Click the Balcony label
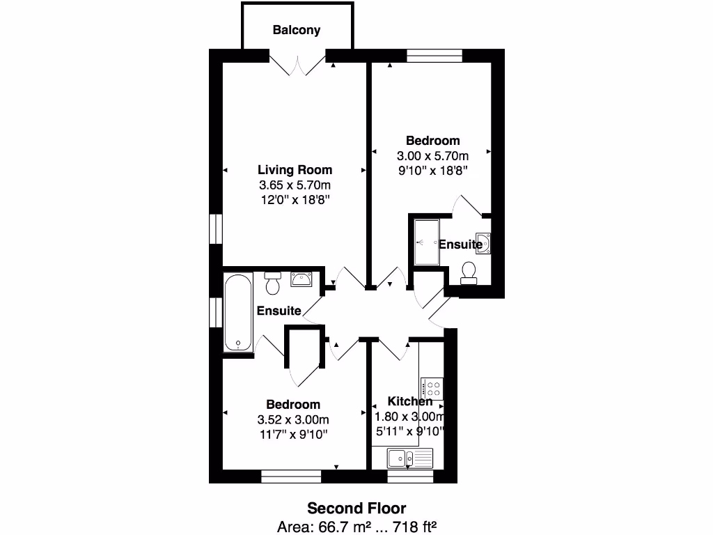click(297, 30)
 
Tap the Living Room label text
click(295, 169)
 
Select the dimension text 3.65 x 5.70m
click(295, 185)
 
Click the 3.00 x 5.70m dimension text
click(433, 155)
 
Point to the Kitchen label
click(410, 401)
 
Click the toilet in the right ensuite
click(469, 272)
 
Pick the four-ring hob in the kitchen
click(432, 388)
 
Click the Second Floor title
click(356, 508)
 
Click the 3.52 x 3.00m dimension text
click(293, 419)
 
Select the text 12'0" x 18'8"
click(295, 201)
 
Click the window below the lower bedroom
click(291, 476)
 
